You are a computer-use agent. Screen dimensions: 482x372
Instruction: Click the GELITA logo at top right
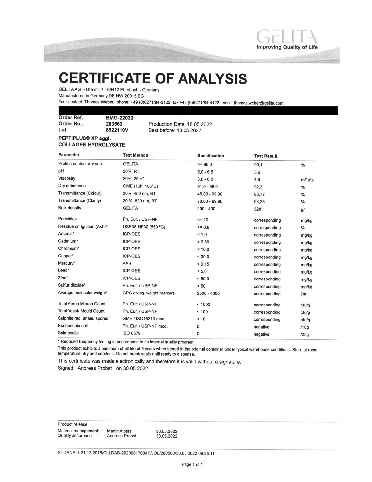pyautogui.click(x=287, y=39)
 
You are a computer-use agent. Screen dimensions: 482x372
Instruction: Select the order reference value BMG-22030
pyautogui.click(x=119, y=118)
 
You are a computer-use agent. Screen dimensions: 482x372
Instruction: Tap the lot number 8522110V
pyautogui.click(x=117, y=130)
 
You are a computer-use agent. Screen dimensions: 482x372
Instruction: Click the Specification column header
pyautogui.click(x=211, y=156)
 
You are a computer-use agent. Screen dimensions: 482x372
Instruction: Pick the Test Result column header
pyautogui.click(x=266, y=156)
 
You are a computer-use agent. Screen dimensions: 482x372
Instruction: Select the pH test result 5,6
pyautogui.click(x=257, y=172)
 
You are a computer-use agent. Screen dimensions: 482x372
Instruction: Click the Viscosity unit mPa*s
pyautogui.click(x=307, y=180)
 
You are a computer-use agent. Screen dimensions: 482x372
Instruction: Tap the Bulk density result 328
pyautogui.click(x=258, y=209)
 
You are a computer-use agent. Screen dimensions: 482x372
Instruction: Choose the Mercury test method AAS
pyautogui.click(x=127, y=263)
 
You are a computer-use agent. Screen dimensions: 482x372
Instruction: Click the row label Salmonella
pyautogui.click(x=68, y=333)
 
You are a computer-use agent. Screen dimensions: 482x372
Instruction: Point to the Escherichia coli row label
pyautogui.click(x=73, y=326)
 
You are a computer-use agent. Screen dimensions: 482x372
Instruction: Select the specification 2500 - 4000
pyautogui.click(x=208, y=293)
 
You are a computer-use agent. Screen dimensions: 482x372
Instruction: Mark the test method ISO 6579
pyautogui.click(x=131, y=333)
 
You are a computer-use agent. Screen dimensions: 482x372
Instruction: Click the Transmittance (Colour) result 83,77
pyautogui.click(x=259, y=194)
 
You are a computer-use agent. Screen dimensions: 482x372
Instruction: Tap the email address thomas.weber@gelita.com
pyautogui.click(x=259, y=103)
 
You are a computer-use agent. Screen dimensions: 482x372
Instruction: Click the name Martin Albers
pyautogui.click(x=119, y=431)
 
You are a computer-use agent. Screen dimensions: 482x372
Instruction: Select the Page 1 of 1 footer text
pyautogui.click(x=192, y=464)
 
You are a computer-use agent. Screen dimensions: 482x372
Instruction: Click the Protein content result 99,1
pyautogui.click(x=258, y=165)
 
